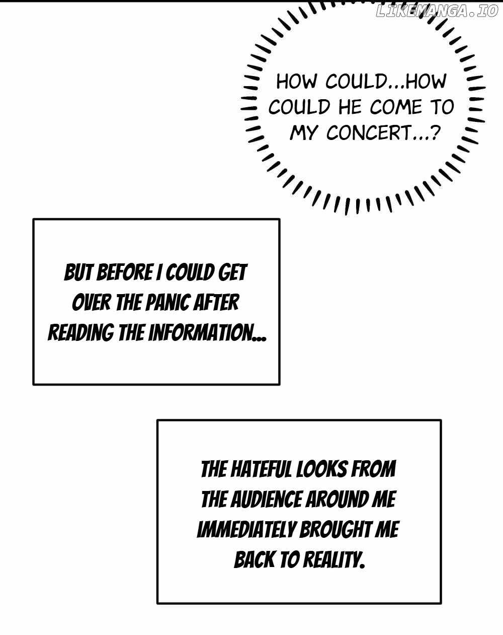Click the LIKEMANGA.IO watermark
(x=437, y=12)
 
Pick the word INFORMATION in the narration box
(x=207, y=333)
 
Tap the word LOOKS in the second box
(x=321, y=469)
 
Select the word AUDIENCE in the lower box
(x=266, y=500)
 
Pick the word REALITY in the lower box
(x=332, y=560)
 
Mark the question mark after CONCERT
(x=436, y=133)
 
